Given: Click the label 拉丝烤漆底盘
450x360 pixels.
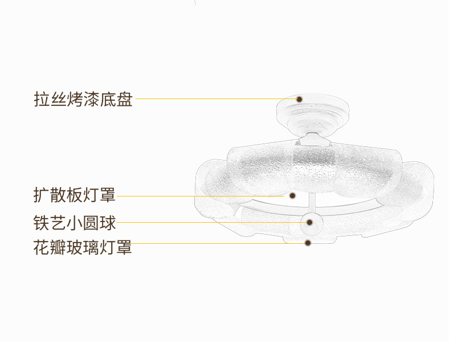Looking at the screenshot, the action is pos(83,99).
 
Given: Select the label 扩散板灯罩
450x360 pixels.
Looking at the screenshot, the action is pos(75,195).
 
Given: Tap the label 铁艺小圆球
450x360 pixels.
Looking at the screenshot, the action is pos(75,222).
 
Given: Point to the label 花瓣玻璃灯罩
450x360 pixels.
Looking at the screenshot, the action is pos(83,248).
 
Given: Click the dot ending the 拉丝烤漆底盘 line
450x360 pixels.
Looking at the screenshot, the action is pos(298,99).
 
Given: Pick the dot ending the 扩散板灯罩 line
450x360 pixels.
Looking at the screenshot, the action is pos(292,195).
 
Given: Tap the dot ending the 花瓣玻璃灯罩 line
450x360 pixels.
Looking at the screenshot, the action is pos(308,243).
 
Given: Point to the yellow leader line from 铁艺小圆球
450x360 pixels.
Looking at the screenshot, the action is pos(211,222).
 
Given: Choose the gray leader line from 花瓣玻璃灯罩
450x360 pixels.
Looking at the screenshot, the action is pos(216,243).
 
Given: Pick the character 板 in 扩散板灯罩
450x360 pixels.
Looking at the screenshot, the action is pos(75,195).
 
